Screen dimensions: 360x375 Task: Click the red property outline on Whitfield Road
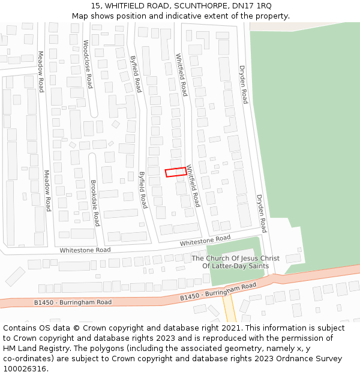176,172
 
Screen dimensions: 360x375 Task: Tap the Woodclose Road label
88,64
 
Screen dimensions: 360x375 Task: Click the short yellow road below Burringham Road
229,308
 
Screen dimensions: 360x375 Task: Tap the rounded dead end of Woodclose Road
93,113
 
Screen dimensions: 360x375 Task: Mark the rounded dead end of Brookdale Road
92,157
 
